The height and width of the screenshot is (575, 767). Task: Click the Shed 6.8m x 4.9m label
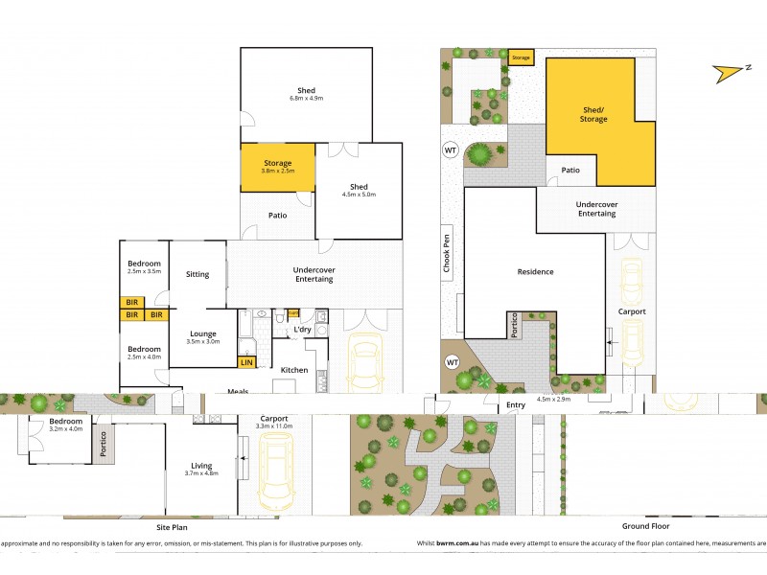point(306,94)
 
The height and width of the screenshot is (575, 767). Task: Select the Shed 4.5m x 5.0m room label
point(359,190)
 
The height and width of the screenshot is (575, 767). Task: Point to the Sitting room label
point(198,274)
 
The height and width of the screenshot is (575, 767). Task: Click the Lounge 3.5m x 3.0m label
point(202,336)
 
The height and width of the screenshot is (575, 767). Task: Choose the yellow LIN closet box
point(245,362)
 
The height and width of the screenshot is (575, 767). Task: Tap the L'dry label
point(301,330)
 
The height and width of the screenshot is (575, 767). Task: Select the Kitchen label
point(292,369)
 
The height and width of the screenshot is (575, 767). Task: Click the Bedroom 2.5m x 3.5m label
point(144,267)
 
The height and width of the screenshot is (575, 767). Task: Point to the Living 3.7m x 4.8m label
point(201,470)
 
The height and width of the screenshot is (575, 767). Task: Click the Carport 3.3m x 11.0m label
point(276,422)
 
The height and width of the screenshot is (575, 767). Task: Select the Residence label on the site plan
point(535,271)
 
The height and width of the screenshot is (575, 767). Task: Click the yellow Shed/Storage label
point(592,114)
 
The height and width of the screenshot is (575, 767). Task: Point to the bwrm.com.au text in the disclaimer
point(452,543)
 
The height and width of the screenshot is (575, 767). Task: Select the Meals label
point(239,390)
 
